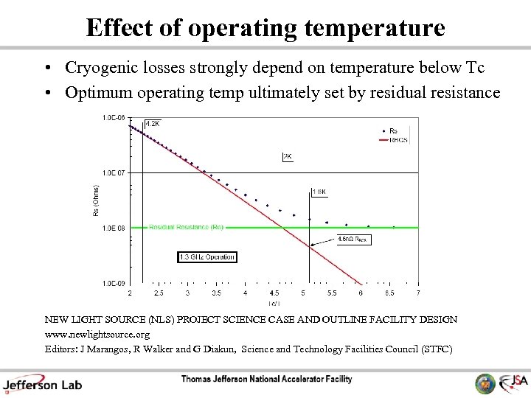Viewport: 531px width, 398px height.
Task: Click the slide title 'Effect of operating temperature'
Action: tap(265, 27)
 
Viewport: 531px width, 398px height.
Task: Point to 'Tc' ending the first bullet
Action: tap(475, 69)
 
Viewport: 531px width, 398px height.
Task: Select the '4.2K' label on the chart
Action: tap(152, 123)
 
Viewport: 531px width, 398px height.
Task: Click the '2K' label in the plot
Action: tap(288, 156)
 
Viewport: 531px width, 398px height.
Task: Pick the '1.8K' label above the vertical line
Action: tap(319, 192)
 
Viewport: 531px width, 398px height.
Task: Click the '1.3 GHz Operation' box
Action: tap(207, 256)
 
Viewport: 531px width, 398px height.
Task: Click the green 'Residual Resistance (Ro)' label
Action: tap(186, 228)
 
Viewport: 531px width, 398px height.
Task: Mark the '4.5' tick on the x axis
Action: tap(274, 293)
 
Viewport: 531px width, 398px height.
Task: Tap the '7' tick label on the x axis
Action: tap(418, 293)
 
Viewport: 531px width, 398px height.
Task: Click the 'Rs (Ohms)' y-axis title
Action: tap(95, 200)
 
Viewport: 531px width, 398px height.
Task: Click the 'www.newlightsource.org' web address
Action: tap(97, 334)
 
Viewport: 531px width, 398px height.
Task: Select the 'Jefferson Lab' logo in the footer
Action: tap(42, 383)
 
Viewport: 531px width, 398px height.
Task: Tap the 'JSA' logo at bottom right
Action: tap(512, 383)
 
